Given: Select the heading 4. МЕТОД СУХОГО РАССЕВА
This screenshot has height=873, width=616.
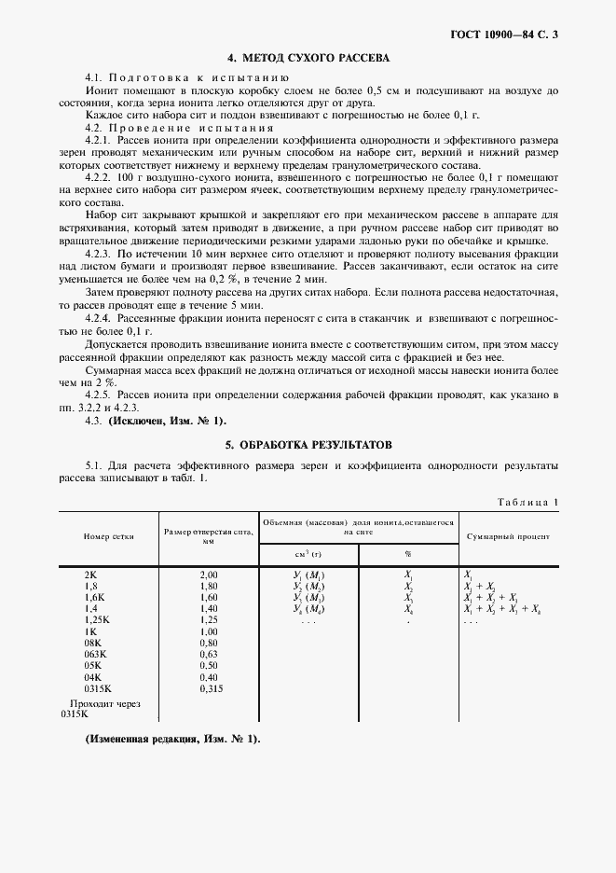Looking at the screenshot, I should pyautogui.click(x=308, y=58).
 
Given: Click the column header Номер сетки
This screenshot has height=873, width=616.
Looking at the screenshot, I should pyautogui.click(x=108, y=537).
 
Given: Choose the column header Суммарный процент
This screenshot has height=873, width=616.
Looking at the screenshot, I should pyautogui.click(x=507, y=537).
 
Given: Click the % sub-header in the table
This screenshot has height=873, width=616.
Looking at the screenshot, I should pyautogui.click(x=408, y=552).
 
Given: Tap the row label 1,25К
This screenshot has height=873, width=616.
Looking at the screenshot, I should pyautogui.click(x=97, y=620).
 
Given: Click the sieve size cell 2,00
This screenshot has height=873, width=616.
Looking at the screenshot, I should pyautogui.click(x=208, y=575).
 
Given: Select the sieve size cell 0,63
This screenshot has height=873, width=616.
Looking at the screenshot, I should pyautogui.click(x=208, y=655).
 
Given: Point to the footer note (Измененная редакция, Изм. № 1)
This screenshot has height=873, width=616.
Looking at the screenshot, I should pyautogui.click(x=172, y=739).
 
